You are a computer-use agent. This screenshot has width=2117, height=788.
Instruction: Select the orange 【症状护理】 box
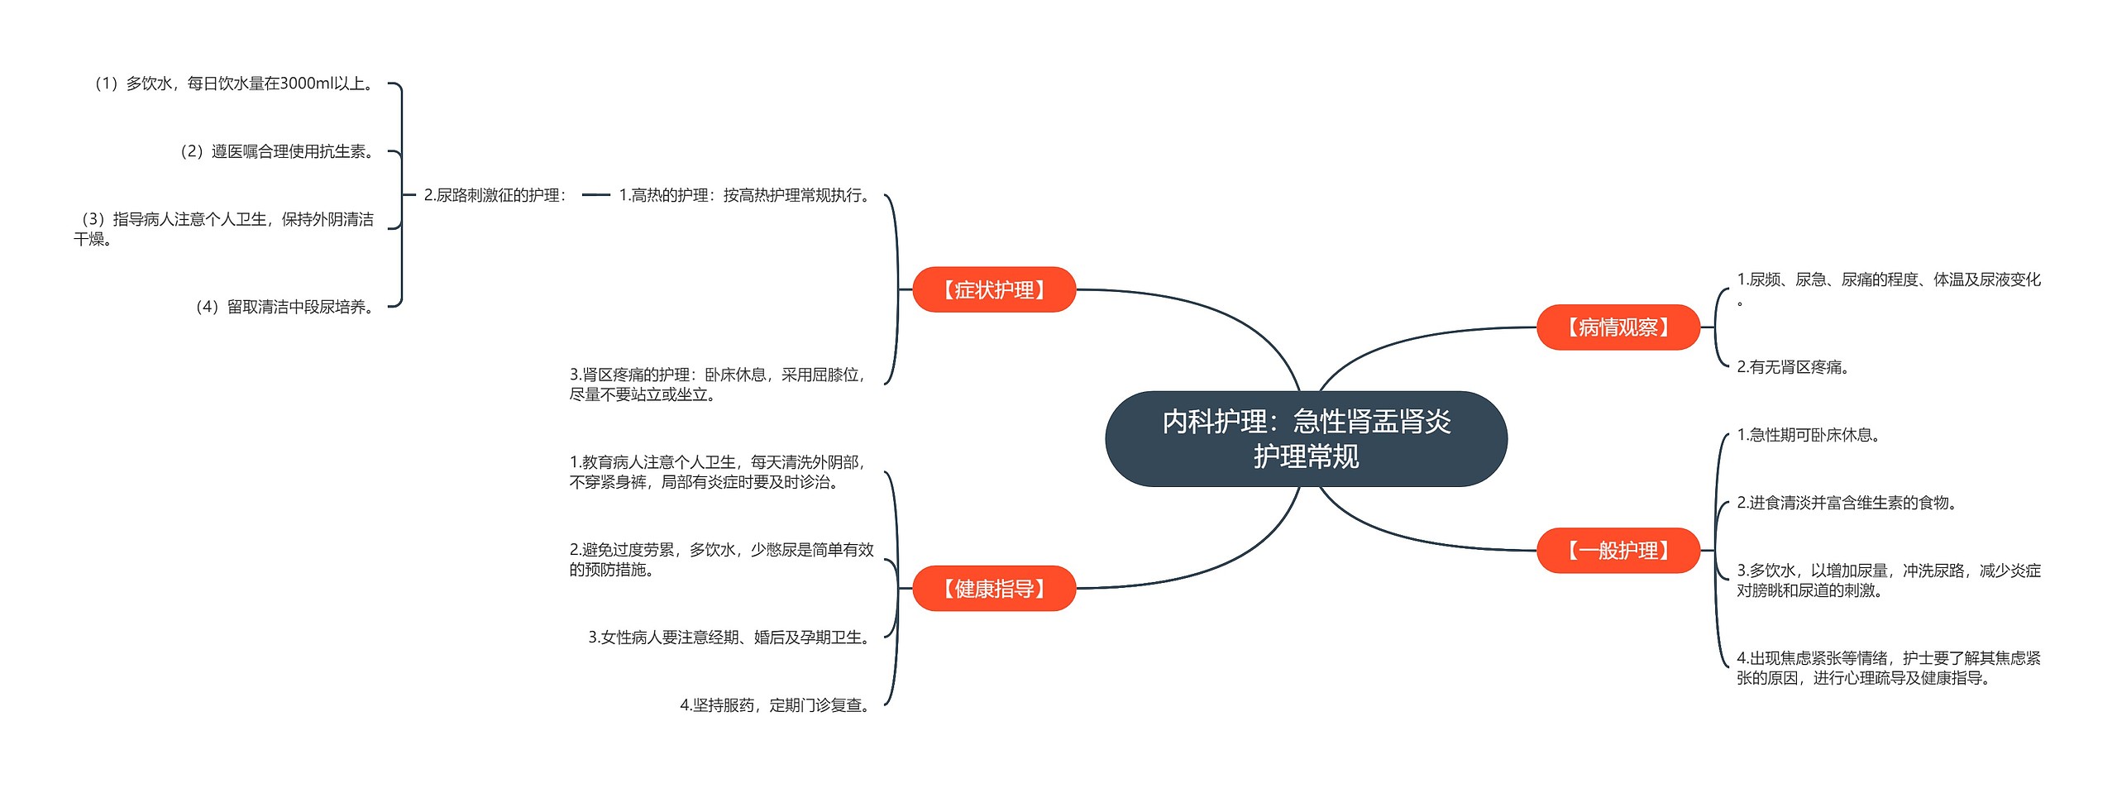click(993, 289)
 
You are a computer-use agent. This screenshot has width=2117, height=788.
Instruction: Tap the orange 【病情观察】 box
click(1618, 327)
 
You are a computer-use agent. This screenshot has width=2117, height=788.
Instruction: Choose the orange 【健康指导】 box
click(993, 589)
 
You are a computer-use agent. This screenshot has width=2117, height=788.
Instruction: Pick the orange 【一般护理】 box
click(1618, 551)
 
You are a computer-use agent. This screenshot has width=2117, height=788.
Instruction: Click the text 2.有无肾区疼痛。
click(1793, 367)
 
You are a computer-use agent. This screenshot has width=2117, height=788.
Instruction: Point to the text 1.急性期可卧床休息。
click(1809, 435)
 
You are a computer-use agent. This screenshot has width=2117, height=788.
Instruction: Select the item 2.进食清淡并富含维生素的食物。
click(1847, 503)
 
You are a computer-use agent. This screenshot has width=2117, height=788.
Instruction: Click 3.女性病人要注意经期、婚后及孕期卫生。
click(731, 638)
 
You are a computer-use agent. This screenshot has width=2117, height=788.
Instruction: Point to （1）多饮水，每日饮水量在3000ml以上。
click(234, 84)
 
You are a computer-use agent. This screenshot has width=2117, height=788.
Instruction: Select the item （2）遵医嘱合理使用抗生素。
click(277, 151)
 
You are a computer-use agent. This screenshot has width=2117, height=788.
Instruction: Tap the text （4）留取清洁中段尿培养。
click(284, 307)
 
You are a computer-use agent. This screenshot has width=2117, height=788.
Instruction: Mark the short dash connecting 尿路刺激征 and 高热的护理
click(595, 195)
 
